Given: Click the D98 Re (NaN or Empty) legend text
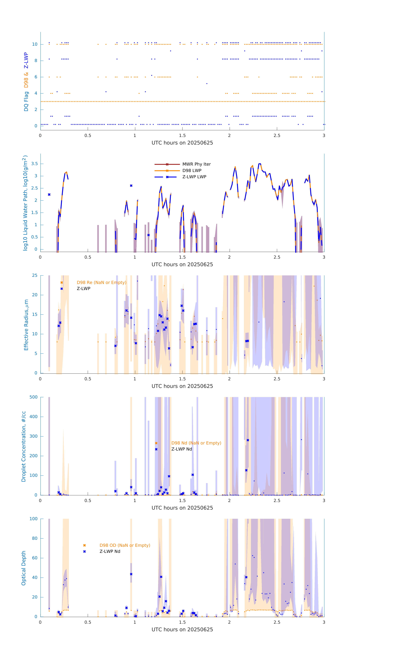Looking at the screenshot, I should (101, 282).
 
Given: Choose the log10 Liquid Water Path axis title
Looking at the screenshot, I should (25, 203).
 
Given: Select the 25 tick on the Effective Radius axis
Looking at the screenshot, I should (35, 276).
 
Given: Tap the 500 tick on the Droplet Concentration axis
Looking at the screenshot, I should (34, 397).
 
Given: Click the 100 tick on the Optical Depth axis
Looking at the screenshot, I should (34, 519).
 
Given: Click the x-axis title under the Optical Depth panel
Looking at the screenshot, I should (182, 630).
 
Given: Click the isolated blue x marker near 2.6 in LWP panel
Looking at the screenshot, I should (131, 186).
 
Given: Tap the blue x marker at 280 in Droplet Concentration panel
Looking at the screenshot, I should (248, 440).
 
